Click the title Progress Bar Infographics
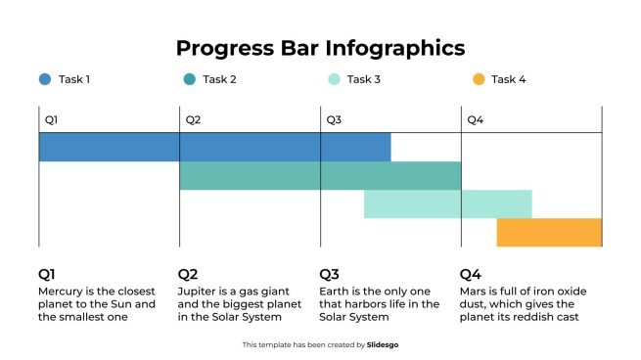(x=320, y=48)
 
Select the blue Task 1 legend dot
(x=45, y=79)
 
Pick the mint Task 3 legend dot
(x=334, y=79)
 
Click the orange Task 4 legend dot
(x=478, y=79)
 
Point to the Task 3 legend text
(x=364, y=79)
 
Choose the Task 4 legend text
(x=508, y=79)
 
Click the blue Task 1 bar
(x=214, y=147)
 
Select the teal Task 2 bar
(x=319, y=175)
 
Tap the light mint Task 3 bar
(x=447, y=203)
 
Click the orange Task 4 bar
(x=549, y=232)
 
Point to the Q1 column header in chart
(x=51, y=120)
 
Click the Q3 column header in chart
(x=334, y=120)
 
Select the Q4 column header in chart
(x=475, y=120)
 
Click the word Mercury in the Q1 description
(x=62, y=292)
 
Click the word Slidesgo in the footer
(x=384, y=344)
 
